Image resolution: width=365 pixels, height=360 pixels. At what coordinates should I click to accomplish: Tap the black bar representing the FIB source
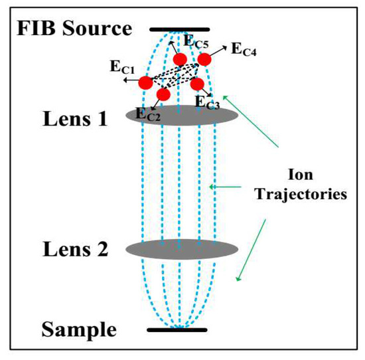180,29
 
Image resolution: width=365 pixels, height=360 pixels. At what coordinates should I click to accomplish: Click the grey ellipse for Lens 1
181,115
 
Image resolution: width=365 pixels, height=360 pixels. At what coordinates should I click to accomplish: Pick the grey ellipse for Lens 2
181,249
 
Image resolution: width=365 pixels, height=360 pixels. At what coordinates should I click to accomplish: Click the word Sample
80,329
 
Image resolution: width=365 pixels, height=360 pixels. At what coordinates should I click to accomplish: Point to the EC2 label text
148,114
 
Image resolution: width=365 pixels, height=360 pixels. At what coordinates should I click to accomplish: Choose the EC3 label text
208,102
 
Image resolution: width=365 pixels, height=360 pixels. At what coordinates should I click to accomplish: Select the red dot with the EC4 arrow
204,59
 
